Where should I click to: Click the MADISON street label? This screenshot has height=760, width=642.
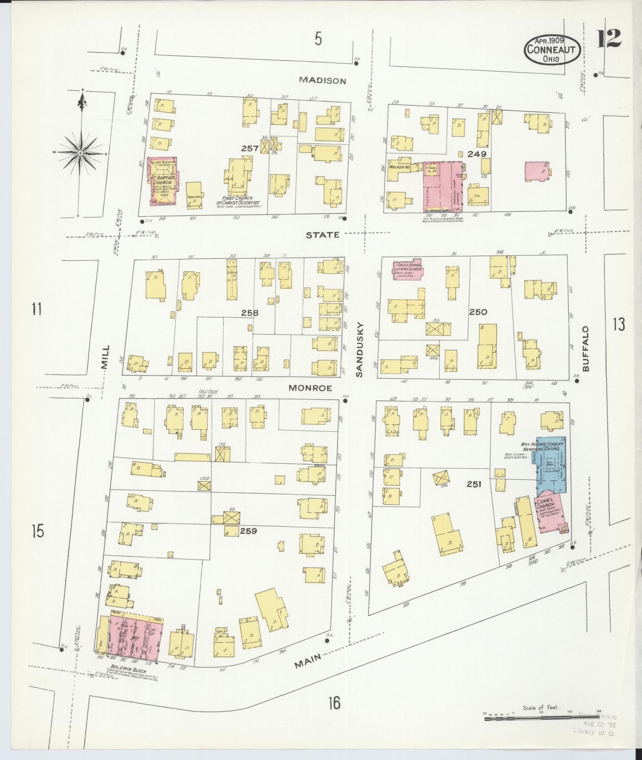(x=322, y=80)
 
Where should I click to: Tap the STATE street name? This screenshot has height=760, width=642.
(x=323, y=235)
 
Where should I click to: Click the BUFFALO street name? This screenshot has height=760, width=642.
(x=585, y=349)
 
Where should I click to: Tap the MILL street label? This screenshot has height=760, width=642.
(x=105, y=357)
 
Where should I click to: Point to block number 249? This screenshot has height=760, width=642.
(x=477, y=154)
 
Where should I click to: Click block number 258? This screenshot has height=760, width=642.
(x=250, y=313)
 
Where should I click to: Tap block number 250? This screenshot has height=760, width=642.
(x=478, y=312)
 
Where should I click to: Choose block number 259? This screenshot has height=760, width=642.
(x=248, y=531)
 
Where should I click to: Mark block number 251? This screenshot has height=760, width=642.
(x=474, y=484)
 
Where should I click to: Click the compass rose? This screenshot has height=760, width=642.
(x=80, y=153)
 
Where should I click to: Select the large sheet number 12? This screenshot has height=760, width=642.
(x=609, y=39)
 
